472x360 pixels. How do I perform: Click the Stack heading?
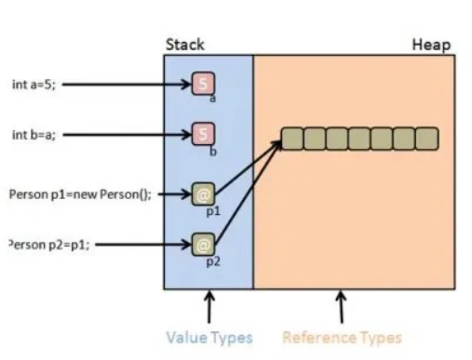point(184,45)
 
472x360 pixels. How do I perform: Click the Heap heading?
point(431,45)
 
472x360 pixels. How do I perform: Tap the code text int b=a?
point(32,134)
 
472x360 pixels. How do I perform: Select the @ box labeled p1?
point(203,194)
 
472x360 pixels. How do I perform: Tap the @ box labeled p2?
point(203,245)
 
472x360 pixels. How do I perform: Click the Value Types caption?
point(209,338)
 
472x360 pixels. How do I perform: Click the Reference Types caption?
point(342,338)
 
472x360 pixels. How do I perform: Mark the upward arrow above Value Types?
point(209,308)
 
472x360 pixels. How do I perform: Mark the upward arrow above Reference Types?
point(342,308)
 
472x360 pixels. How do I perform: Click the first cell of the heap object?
point(292,139)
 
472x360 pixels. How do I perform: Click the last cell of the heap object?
point(427,139)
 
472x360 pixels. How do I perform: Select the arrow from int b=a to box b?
point(126,134)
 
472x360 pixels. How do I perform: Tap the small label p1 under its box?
point(212,211)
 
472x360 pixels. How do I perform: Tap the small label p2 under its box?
point(211,261)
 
